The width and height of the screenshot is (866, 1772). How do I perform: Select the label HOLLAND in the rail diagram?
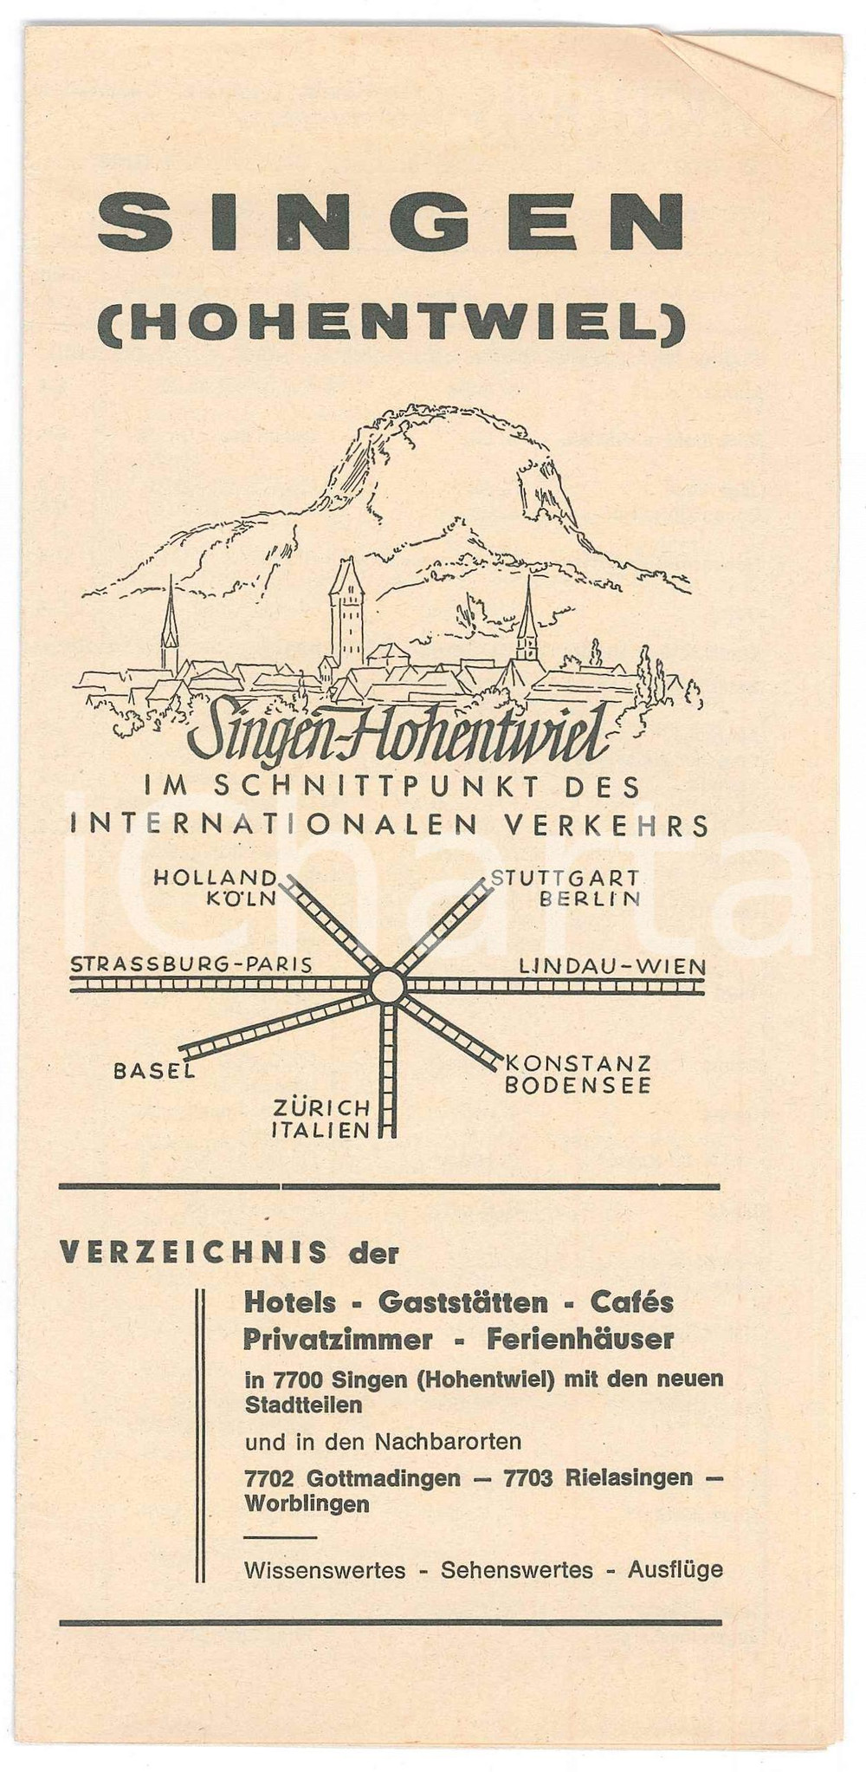pos(216,879)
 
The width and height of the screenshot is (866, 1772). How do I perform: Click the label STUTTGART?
pos(565,879)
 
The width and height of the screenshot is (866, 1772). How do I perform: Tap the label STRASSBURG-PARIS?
pos(191,964)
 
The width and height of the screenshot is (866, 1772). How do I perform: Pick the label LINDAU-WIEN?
pos(611,965)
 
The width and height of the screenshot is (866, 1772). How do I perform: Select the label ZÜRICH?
pos(321,1108)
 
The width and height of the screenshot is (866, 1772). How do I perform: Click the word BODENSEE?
pos(578,1085)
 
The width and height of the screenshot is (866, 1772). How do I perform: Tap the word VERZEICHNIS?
pos(194,1251)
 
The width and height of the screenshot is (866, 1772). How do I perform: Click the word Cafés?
pos(631,1301)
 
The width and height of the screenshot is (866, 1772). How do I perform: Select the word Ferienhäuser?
pos(580,1340)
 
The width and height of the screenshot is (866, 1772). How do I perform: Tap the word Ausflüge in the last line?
pos(675,1570)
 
